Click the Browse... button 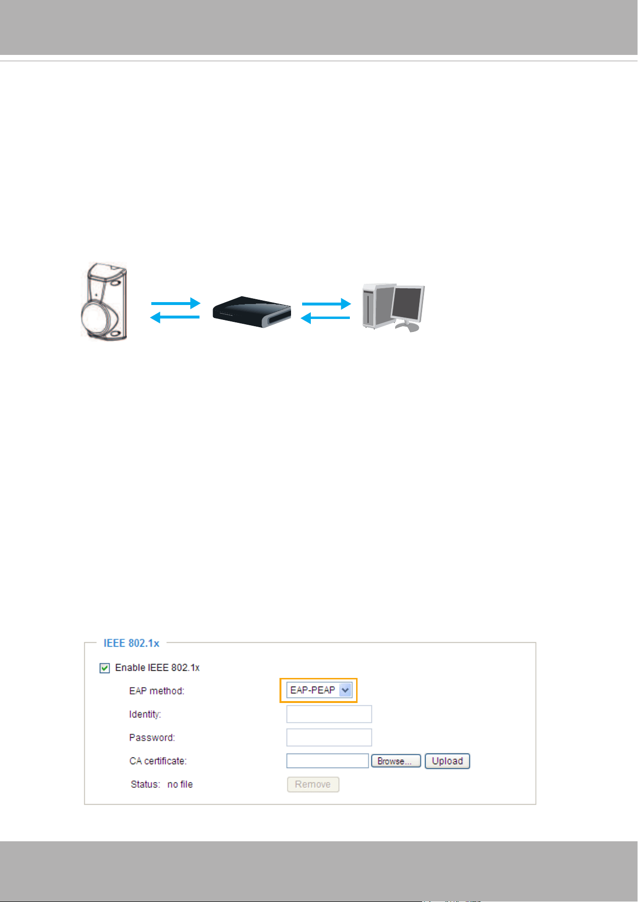[396, 761]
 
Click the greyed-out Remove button [313, 784]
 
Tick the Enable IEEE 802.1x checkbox [105, 668]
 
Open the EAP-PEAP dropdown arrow [346, 690]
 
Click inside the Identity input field [329, 714]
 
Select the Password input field [329, 737]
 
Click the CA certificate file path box [328, 761]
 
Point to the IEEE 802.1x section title [131, 643]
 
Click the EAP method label [157, 691]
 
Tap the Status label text [145, 784]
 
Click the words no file [180, 784]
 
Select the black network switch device [252, 312]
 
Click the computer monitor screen [408, 304]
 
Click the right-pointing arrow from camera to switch [175, 303]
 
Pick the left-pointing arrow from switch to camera [175, 317]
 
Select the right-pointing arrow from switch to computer [326, 304]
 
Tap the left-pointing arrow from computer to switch [325, 318]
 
